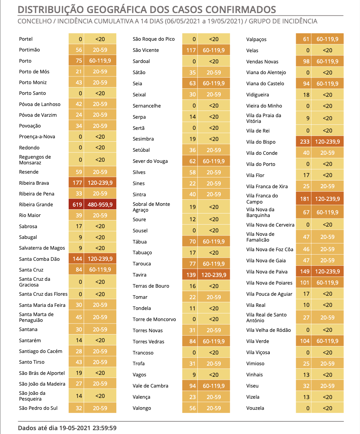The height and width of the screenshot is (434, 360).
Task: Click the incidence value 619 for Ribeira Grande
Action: (x=77, y=205)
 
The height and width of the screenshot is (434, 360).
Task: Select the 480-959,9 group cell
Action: (x=100, y=205)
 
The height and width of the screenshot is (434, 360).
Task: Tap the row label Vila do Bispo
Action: (x=261, y=142)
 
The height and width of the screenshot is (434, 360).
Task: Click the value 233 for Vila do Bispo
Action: (x=305, y=142)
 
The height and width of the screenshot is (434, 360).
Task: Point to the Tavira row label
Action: (x=139, y=275)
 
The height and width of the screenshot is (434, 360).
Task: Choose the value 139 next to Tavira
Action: (x=191, y=275)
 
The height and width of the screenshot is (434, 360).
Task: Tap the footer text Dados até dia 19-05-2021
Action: (x=54, y=428)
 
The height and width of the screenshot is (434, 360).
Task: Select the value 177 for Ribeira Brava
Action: (x=77, y=183)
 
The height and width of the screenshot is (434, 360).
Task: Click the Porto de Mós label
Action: (x=34, y=72)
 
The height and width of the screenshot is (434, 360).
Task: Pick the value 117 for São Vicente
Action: (x=191, y=50)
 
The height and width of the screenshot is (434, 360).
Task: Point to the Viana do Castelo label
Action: (x=265, y=84)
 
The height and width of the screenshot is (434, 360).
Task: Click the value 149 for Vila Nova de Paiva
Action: (x=305, y=272)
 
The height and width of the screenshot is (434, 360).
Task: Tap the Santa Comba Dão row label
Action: (x=39, y=259)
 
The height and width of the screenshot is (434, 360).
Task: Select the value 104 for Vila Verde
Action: (x=305, y=341)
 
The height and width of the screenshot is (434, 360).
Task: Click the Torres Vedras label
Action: (x=148, y=341)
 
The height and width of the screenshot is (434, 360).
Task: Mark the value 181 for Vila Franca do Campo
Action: (x=305, y=199)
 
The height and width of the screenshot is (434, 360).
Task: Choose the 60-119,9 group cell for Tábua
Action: (x=214, y=242)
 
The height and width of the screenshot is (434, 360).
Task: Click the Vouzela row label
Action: (x=255, y=408)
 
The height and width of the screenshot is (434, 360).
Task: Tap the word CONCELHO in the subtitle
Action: (x=35, y=21)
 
